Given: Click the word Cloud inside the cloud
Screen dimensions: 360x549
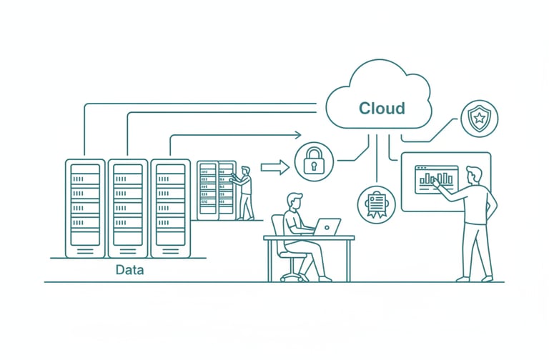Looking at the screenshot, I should (381, 109).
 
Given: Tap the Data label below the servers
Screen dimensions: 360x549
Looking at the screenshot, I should (129, 270).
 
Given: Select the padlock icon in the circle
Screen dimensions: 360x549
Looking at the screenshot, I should (314, 161).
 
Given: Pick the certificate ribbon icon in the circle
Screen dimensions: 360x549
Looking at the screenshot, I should (375, 202).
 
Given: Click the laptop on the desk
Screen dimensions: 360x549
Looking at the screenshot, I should (327, 227).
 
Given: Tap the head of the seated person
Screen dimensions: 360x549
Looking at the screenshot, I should (294, 202).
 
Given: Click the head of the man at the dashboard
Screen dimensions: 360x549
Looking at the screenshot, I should (473, 175).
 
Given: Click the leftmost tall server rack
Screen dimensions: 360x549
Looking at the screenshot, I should (85, 208).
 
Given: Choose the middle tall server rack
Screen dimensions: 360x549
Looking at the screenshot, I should (127, 208).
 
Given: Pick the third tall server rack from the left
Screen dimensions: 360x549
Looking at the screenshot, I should (170, 208).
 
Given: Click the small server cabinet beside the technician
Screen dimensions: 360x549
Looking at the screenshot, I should (216, 189).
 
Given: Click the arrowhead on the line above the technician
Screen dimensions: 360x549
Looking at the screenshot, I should (297, 134).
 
